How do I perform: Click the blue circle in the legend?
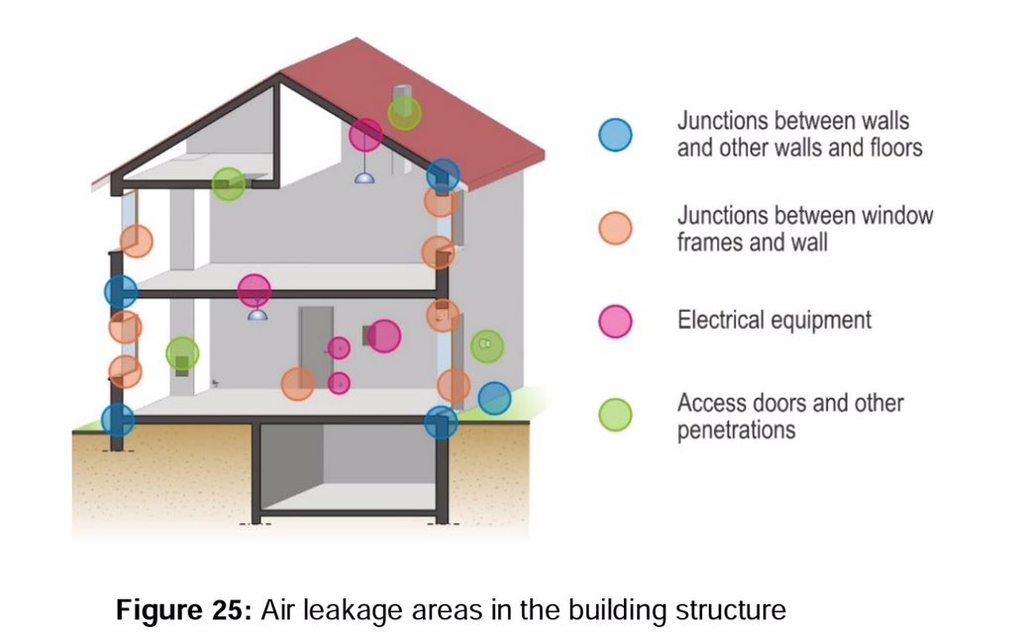click(x=615, y=134)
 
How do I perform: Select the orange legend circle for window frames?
click(x=615, y=228)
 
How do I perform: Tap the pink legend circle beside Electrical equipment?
click(x=615, y=320)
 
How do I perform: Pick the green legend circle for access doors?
click(x=615, y=414)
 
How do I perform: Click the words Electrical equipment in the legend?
click(x=773, y=320)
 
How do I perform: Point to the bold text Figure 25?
click(x=185, y=609)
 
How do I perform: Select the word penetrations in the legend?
click(x=736, y=429)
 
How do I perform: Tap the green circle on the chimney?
click(x=404, y=113)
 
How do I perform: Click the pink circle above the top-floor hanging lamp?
click(x=365, y=134)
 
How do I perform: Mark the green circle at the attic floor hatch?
click(x=229, y=183)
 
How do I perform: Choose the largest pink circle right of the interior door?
click(x=383, y=336)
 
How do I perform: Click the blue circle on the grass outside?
click(x=494, y=398)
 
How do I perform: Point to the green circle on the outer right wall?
click(x=486, y=346)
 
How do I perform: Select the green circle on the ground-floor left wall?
click(x=182, y=353)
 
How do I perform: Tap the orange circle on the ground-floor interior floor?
click(x=297, y=383)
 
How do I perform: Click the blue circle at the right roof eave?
click(x=443, y=174)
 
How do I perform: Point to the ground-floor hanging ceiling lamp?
click(x=256, y=314)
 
